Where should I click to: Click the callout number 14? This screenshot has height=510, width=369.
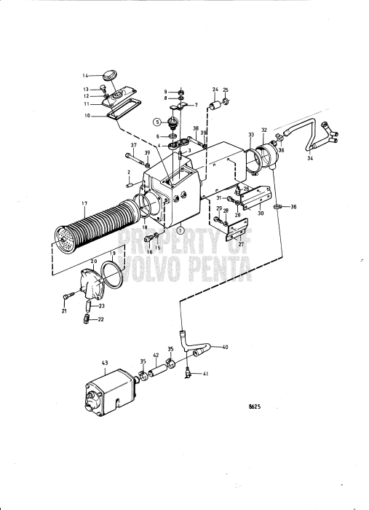click(85, 75)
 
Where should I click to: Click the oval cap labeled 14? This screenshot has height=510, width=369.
click(111, 74)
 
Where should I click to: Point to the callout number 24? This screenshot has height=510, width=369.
click(215, 90)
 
